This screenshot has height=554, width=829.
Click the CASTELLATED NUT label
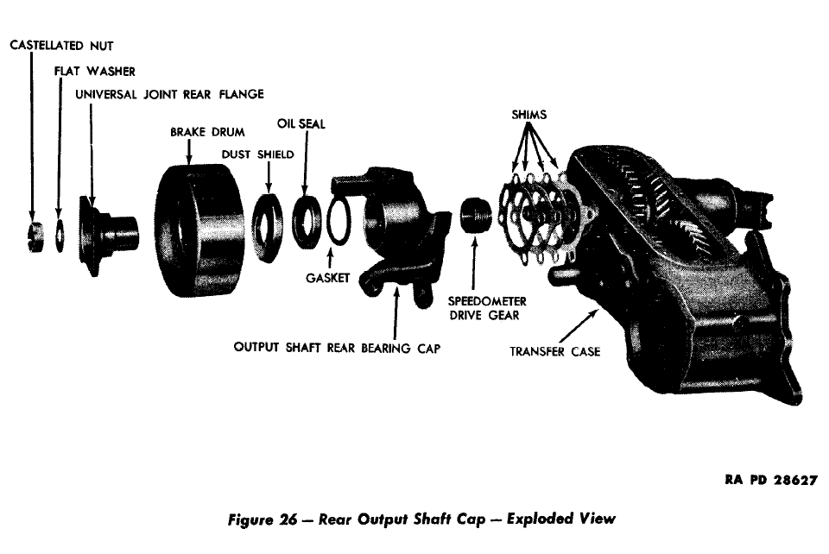pyautogui.click(x=60, y=44)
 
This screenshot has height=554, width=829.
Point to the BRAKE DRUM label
pyautogui.click(x=207, y=133)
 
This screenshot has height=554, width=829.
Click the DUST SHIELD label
pyautogui.click(x=256, y=154)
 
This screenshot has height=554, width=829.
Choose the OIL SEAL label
pyautogui.click(x=301, y=124)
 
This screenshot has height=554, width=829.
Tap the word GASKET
pyautogui.click(x=327, y=279)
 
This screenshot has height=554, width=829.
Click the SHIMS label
pyautogui.click(x=528, y=114)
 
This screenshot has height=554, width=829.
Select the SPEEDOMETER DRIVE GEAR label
pyautogui.click(x=487, y=308)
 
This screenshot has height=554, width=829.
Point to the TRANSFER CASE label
pyautogui.click(x=554, y=351)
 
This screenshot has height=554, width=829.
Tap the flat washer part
pyautogui.click(x=59, y=236)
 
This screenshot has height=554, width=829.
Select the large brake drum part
pyautogui.click(x=196, y=229)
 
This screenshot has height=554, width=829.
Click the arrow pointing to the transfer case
pyautogui.click(x=579, y=326)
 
